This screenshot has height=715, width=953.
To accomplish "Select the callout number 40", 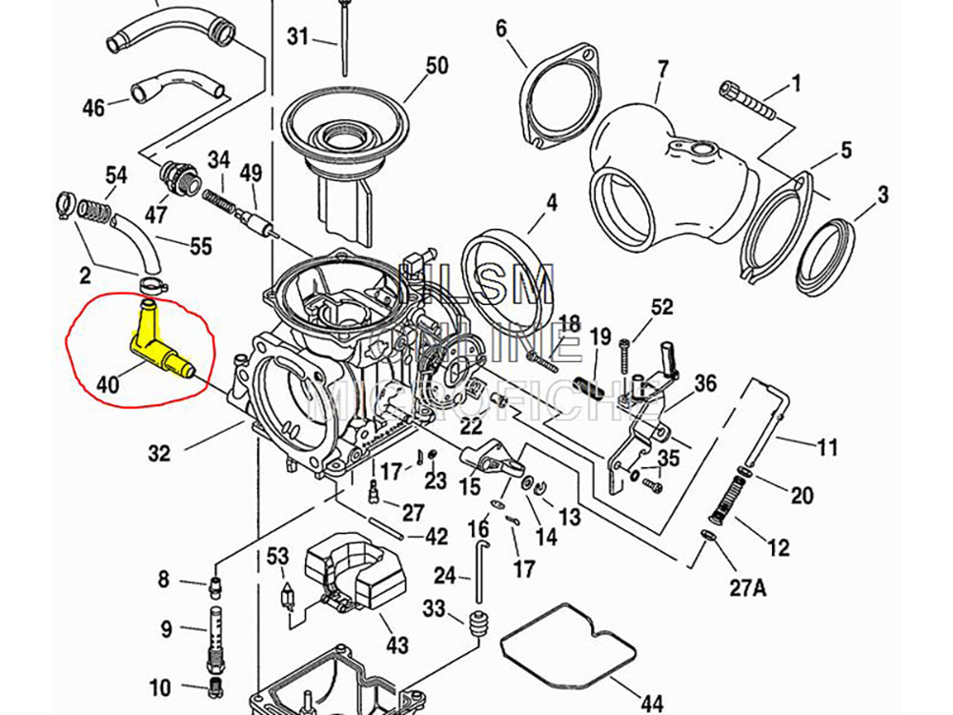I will pos(108,386).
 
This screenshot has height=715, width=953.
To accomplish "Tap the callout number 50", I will pos(436,66).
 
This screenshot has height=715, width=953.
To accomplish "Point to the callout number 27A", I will pos(747,588).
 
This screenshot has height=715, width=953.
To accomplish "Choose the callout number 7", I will pos(663,69).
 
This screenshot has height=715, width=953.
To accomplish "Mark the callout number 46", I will pos(93,108).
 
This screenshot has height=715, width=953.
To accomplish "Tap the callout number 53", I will pos(277,555).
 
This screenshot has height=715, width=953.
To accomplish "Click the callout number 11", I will pos(827,445).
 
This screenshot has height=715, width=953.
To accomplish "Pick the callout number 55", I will pos(200,247).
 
